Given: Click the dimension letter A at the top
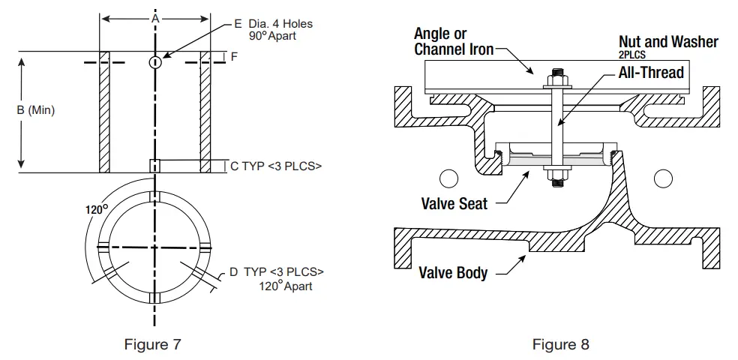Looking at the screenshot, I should [155, 16].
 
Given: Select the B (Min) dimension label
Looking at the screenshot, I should [35, 110].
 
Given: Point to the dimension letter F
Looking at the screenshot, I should [234, 57].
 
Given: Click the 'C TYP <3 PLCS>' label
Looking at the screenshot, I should [275, 166].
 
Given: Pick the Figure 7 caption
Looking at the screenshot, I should [152, 344].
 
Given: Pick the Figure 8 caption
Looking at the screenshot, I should [561, 344].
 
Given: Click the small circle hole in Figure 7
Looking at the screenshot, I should [154, 62].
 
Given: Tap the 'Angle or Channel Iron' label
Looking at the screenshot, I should [454, 42].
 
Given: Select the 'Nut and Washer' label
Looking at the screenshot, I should [667, 42].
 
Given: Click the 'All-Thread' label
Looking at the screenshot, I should [651, 73].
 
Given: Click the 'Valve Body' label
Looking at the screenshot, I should [453, 272].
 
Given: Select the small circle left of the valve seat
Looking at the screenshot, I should [448, 178].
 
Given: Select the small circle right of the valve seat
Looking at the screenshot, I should [663, 178].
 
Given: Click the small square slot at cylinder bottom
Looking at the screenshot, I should [154, 166].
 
